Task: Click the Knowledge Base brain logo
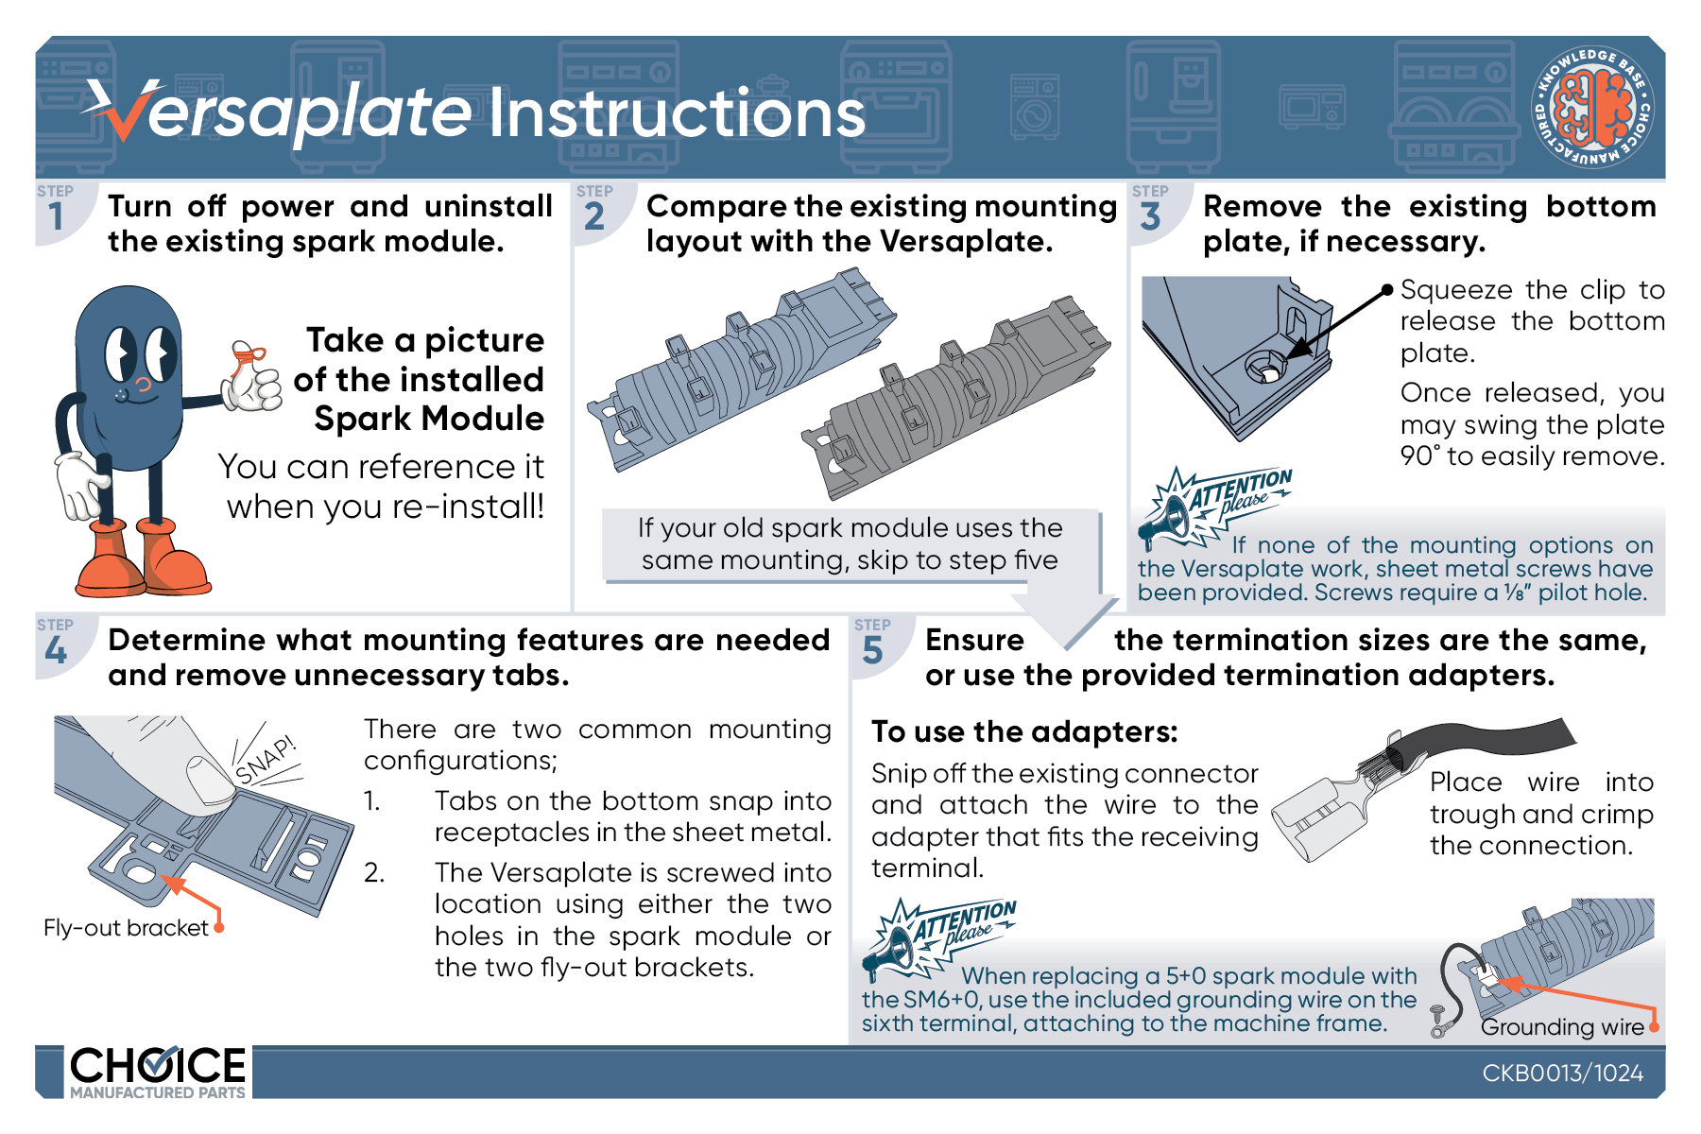tap(1593, 108)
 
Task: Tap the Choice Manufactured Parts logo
tap(157, 1072)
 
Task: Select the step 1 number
tap(57, 216)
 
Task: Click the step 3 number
tap(1150, 216)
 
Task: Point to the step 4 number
tap(56, 650)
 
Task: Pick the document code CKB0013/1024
tap(1562, 1073)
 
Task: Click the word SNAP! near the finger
tap(266, 759)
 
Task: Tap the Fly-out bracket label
tap(126, 928)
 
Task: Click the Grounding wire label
tap(1562, 1027)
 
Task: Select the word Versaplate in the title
tap(283, 112)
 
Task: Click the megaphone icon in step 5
tap(892, 948)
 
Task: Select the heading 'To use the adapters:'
tap(1024, 732)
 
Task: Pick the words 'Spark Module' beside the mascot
tap(429, 419)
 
